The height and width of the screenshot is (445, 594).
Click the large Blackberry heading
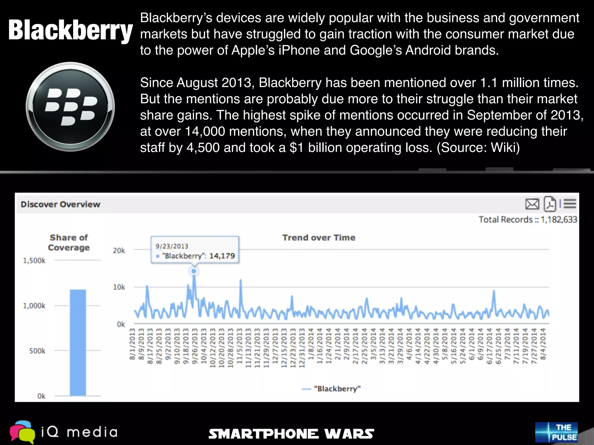tap(70, 30)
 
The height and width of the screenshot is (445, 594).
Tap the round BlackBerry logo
tap(70, 107)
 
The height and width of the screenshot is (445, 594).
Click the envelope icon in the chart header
tap(532, 204)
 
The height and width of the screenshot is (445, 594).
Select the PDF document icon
tap(550, 204)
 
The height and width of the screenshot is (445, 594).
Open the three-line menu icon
tap(570, 204)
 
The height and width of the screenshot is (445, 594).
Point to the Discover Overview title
tap(60, 204)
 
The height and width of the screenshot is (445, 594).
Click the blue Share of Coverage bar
tap(78, 342)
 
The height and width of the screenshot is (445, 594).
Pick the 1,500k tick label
tap(34, 260)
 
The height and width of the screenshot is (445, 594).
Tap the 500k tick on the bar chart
tap(37, 351)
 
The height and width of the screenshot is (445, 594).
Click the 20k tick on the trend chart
tap(119, 251)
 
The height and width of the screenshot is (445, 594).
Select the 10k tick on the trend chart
tap(119, 287)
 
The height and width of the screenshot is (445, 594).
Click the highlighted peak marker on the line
tap(194, 271)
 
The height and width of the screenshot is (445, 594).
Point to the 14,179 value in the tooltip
tap(222, 256)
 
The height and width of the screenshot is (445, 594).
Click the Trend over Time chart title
tap(319, 238)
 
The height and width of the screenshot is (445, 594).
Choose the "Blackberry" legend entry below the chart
tap(337, 389)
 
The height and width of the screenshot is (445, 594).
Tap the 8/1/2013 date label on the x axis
tap(132, 344)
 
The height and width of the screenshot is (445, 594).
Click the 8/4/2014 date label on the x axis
tap(543, 344)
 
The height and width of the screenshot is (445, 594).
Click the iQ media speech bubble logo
tap(22, 432)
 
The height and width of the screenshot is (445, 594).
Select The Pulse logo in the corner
tap(556, 432)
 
